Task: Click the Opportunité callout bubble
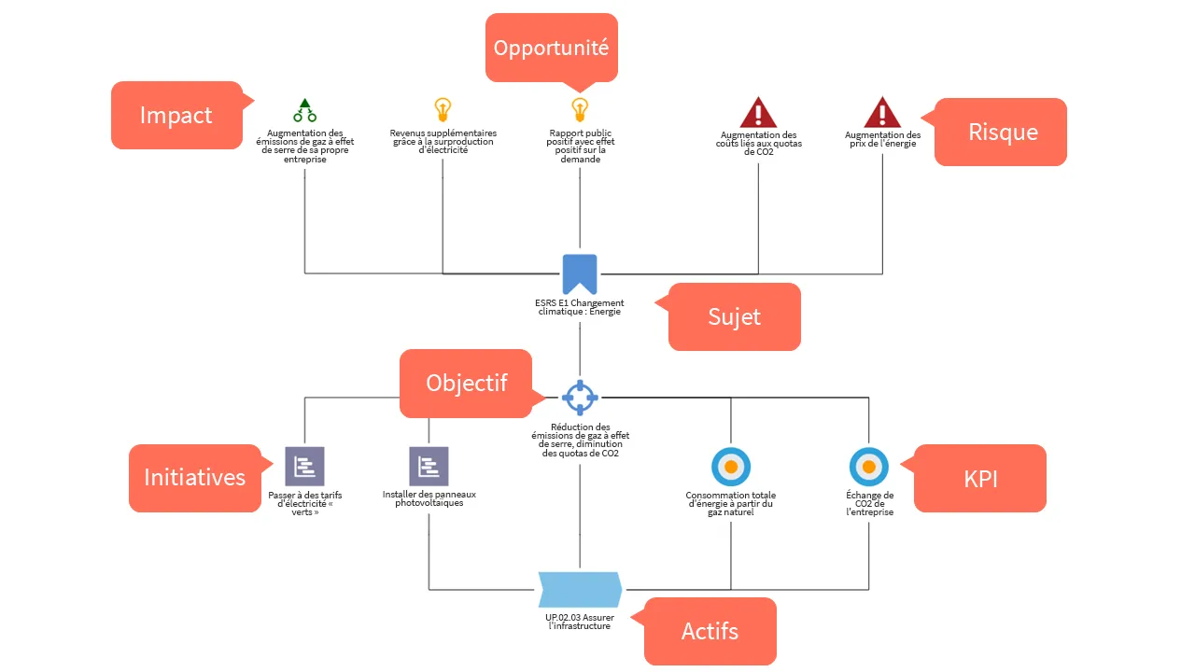[552, 48]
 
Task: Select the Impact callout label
[176, 115]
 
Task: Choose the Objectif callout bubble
[466, 383]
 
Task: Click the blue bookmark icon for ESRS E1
[580, 274]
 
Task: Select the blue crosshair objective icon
[580, 398]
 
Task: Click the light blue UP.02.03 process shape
[580, 589]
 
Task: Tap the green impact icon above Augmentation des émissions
[304, 110]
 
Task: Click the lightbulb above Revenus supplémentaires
[443, 110]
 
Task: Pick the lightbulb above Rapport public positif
[580, 110]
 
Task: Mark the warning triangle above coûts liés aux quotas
[758, 113]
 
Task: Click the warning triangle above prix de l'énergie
[882, 112]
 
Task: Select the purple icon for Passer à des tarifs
[304, 467]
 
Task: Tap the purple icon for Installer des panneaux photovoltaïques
[429, 467]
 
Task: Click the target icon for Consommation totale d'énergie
[731, 467]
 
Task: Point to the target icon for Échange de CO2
[869, 467]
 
